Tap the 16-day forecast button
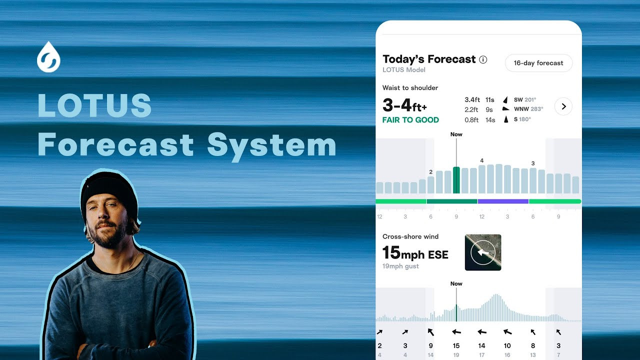pos(538,63)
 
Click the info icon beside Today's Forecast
pos(483,59)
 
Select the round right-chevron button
pos(563,106)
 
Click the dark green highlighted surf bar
pos(456,180)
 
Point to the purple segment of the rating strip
pos(503,201)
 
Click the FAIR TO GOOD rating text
pos(410,120)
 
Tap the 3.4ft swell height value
pos(472,100)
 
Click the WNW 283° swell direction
pos(528,109)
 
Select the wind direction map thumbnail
pos(483,252)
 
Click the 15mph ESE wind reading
pos(415,253)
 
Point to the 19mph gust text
pos(400,266)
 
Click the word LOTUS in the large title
pos(94,105)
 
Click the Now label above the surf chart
pos(456,134)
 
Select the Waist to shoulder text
pos(410,88)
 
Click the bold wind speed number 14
pos(481,345)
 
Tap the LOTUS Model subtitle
pos(404,70)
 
